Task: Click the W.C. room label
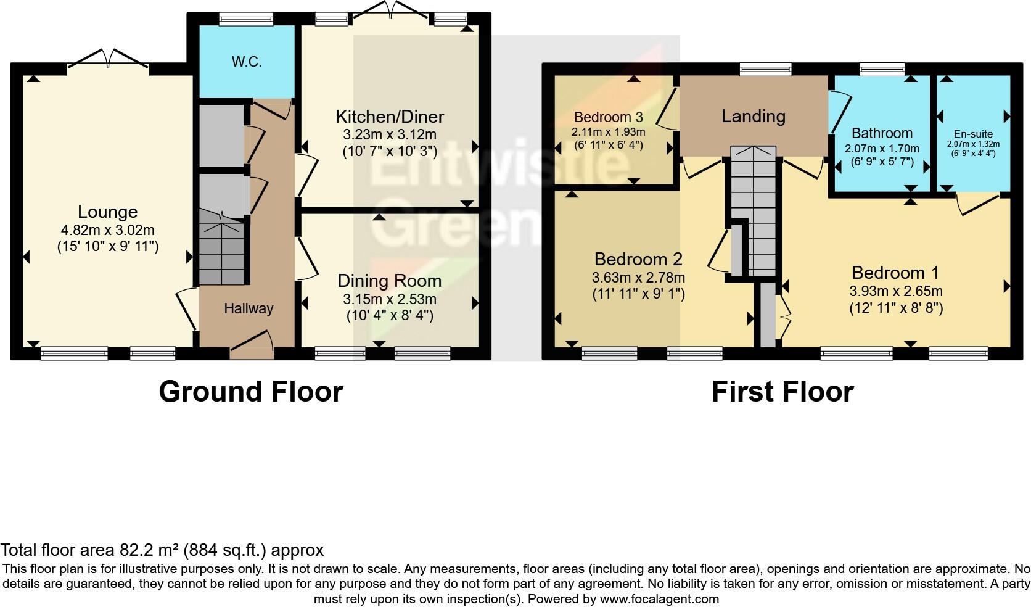pyautogui.click(x=247, y=62)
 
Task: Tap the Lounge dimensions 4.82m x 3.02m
pyautogui.click(x=107, y=230)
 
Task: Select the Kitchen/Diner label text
pyautogui.click(x=389, y=117)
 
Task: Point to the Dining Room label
pyautogui.click(x=389, y=281)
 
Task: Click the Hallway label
pyautogui.click(x=249, y=308)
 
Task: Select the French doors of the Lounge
pyautogui.click(x=108, y=60)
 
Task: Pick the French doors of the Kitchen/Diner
pyautogui.click(x=388, y=10)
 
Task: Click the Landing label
pyautogui.click(x=754, y=116)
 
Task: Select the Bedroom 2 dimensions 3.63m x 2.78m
pyautogui.click(x=638, y=278)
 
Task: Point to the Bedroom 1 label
pyautogui.click(x=896, y=273)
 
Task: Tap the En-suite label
pyautogui.click(x=973, y=134)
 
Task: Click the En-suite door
pyautogui.click(x=978, y=204)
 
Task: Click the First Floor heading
pyautogui.click(x=782, y=392)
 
